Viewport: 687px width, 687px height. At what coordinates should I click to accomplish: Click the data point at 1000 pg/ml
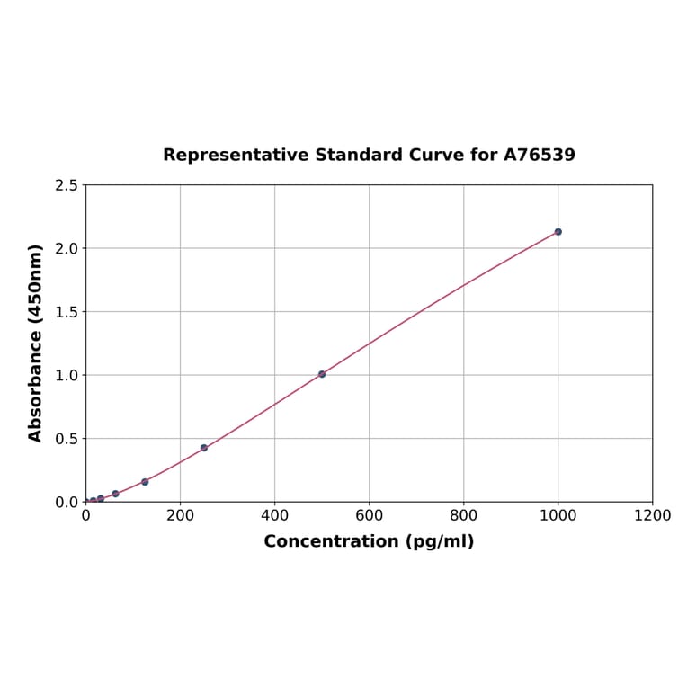pyautogui.click(x=558, y=232)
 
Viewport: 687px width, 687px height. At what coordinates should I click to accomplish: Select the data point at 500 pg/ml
pyautogui.click(x=322, y=374)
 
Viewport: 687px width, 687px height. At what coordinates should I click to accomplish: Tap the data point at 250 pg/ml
pyautogui.click(x=204, y=448)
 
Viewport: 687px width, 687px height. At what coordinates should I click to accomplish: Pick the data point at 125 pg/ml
pyautogui.click(x=145, y=482)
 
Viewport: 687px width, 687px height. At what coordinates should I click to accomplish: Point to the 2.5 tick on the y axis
pyautogui.click(x=66, y=185)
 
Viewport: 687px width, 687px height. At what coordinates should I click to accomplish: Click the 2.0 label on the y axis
pyautogui.click(x=66, y=248)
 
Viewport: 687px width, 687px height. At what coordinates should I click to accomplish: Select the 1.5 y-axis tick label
pyautogui.click(x=66, y=312)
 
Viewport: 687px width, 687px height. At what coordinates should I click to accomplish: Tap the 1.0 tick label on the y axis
pyautogui.click(x=66, y=375)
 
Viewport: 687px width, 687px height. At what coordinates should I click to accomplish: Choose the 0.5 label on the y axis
pyautogui.click(x=66, y=439)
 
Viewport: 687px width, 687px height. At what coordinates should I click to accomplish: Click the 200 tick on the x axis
pyautogui.click(x=180, y=515)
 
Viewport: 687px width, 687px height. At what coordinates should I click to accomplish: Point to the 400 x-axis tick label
pyautogui.click(x=274, y=515)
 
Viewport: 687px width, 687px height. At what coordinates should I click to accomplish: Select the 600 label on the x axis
pyautogui.click(x=369, y=515)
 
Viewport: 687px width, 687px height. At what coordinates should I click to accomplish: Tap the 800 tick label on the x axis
pyautogui.click(x=463, y=515)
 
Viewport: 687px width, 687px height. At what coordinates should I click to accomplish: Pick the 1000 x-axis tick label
pyautogui.click(x=558, y=515)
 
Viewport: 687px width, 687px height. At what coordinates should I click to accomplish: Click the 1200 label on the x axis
pyautogui.click(x=652, y=515)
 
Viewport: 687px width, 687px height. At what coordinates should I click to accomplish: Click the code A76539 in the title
pyautogui.click(x=539, y=155)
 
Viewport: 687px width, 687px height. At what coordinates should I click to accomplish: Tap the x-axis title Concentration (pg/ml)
pyautogui.click(x=369, y=541)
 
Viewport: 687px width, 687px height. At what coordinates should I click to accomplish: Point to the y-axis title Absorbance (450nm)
pyautogui.click(x=36, y=343)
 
